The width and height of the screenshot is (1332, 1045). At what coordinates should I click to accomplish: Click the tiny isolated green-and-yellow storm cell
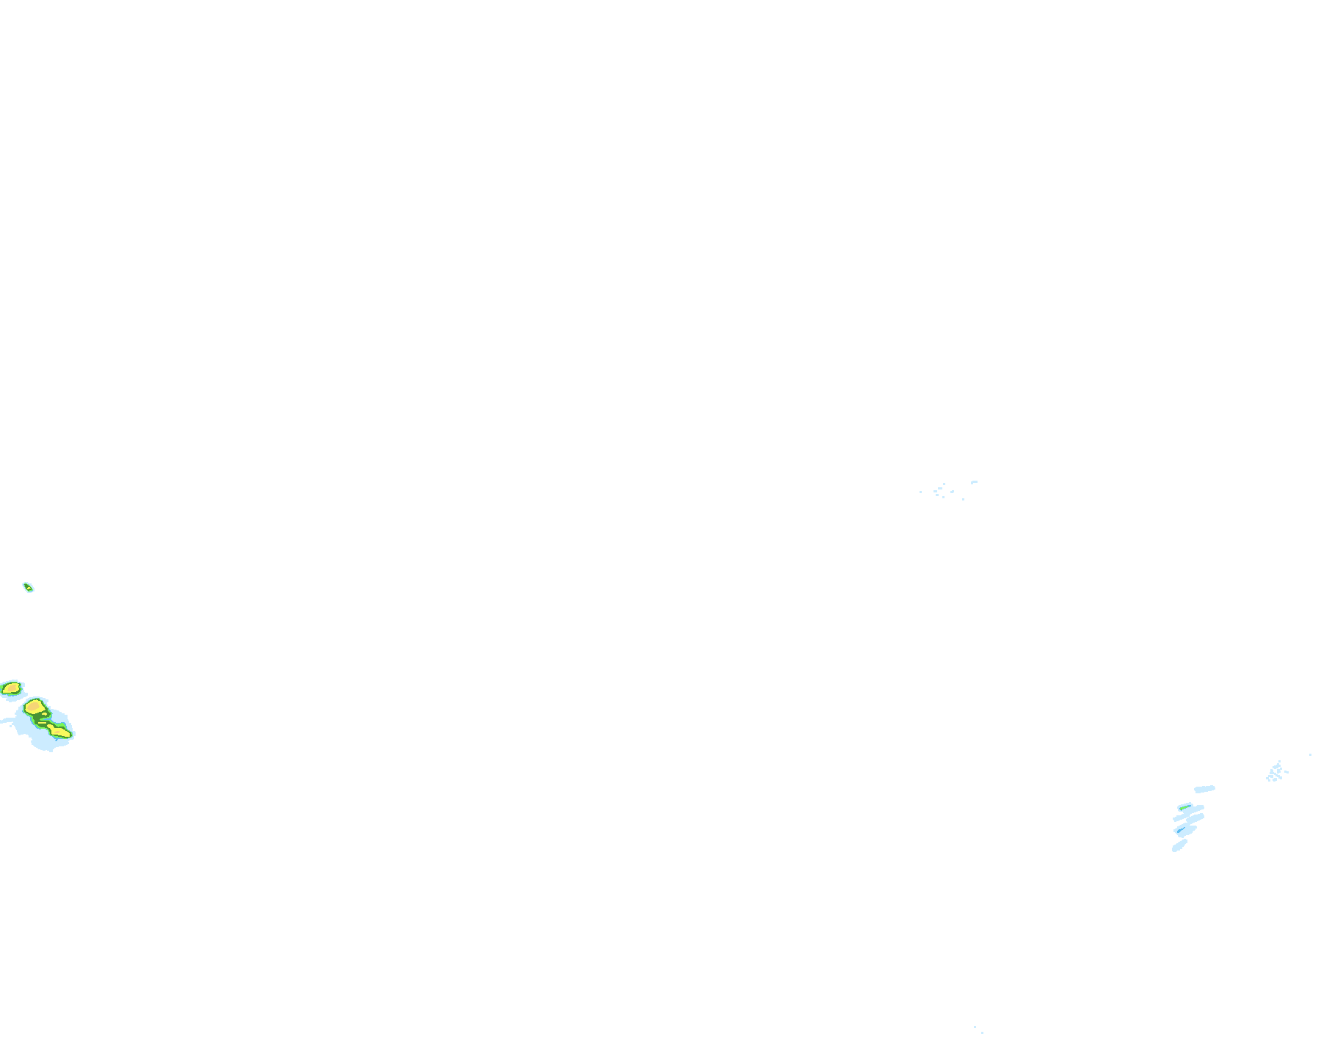pyautogui.click(x=28, y=587)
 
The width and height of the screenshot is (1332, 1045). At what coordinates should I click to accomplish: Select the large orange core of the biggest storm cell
pyautogui.click(x=33, y=707)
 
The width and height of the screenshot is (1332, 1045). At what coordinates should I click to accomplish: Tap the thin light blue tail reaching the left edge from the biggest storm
pyautogui.click(x=6, y=721)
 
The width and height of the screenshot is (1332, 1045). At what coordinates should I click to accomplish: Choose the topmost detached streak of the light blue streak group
pyautogui.click(x=1204, y=789)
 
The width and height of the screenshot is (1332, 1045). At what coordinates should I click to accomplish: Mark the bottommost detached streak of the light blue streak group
pyautogui.click(x=1179, y=845)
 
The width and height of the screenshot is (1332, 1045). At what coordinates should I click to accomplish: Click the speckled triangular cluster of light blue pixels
pyautogui.click(x=1275, y=772)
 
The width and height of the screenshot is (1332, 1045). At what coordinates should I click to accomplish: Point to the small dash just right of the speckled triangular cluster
pyautogui.click(x=1286, y=772)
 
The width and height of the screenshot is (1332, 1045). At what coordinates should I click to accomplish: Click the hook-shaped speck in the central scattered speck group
pyautogui.click(x=974, y=482)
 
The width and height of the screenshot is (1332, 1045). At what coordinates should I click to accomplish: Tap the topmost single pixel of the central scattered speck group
pyautogui.click(x=944, y=484)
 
